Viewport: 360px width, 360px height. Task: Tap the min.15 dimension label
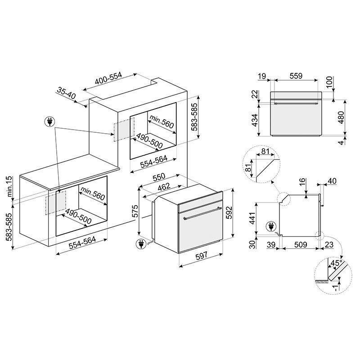(x=9, y=186)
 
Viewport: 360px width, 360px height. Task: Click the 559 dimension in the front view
(x=296, y=76)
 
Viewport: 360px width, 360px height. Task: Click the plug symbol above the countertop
(x=49, y=121)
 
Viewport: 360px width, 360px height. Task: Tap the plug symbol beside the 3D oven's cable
(x=140, y=244)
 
